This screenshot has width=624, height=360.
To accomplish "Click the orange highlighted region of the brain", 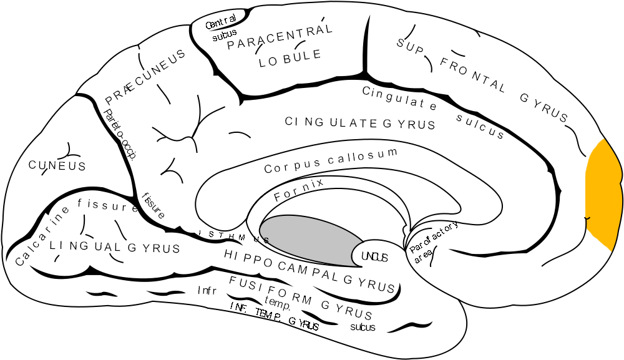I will click(604, 193).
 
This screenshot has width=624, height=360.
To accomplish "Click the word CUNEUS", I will click(57, 165).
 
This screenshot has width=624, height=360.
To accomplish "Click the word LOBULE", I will click(290, 57).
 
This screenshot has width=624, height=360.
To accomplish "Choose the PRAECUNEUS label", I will click(145, 76).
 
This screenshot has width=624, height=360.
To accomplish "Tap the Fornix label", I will click(299, 190).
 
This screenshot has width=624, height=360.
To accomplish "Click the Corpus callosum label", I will click(331, 160).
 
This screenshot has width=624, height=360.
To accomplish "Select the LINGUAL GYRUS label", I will click(115, 247).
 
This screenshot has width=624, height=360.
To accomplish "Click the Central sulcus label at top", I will click(221, 29).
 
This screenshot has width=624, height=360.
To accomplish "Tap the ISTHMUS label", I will click(233, 236).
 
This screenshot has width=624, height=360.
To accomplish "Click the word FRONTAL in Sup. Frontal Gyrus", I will click(472, 74).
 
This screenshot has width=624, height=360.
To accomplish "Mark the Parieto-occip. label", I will click(121, 135).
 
